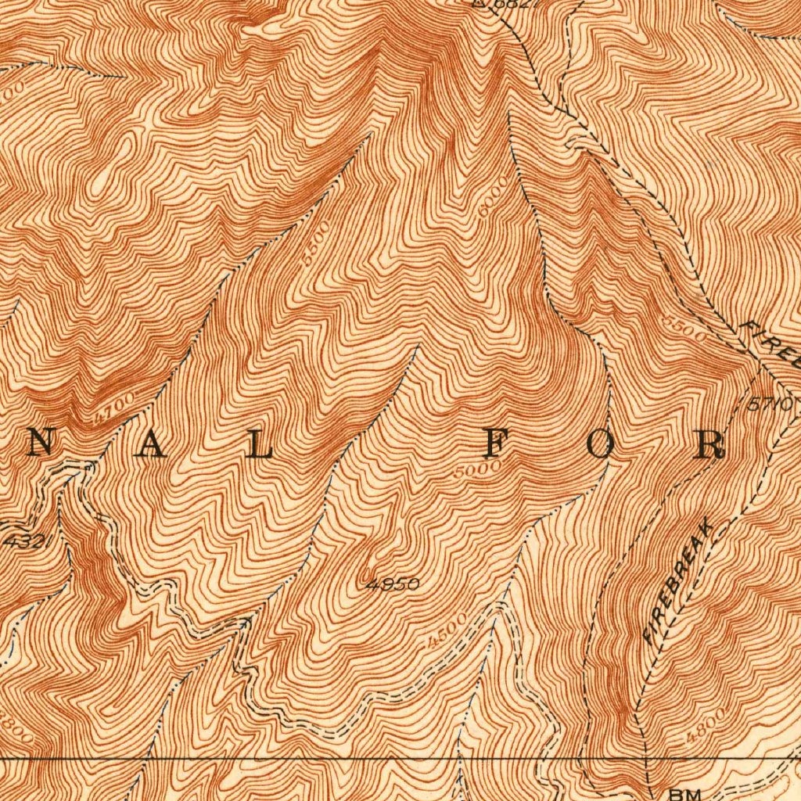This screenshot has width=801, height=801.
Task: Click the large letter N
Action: [41, 445]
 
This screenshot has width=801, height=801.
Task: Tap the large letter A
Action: [153, 445]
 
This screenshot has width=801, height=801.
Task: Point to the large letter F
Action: [493, 445]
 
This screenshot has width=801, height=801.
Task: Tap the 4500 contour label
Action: [447, 630]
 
